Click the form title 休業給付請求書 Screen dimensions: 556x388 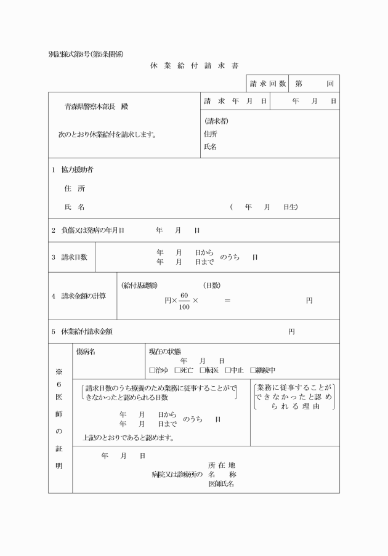pyautogui.click(x=194, y=65)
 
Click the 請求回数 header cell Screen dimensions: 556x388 pyautogui.click(x=268, y=83)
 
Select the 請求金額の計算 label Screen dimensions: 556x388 pyautogui.click(x=83, y=296)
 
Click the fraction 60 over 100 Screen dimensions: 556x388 pyautogui.click(x=184, y=300)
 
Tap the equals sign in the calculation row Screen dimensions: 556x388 pyautogui.click(x=227, y=300)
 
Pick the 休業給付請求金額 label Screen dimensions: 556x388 pyautogui.click(x=87, y=331)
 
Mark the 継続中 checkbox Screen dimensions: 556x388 pyautogui.click(x=253, y=371)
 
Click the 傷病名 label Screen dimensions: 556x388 pyautogui.click(x=85, y=352)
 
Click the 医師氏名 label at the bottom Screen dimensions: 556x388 pyautogui.click(x=220, y=485)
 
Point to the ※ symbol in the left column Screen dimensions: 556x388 pyautogui.click(x=59, y=372)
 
